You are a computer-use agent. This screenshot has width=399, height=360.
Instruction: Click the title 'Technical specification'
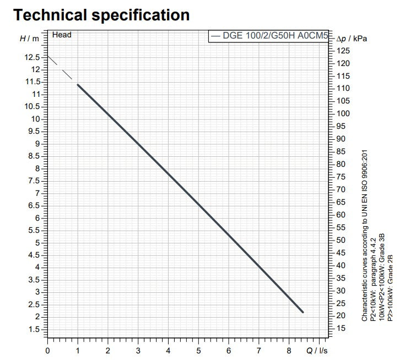pyautogui.click(x=101, y=15)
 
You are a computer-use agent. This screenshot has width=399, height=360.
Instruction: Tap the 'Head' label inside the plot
pyautogui.click(x=62, y=35)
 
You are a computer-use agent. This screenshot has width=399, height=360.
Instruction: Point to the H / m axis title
pyautogui.click(x=29, y=38)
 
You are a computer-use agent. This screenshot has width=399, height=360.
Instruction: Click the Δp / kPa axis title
pyautogui.click(x=353, y=39)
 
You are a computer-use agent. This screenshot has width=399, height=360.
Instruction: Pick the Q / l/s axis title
pyautogui.click(x=316, y=350)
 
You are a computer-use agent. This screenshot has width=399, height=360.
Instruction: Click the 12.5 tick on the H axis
pyautogui.click(x=31, y=57)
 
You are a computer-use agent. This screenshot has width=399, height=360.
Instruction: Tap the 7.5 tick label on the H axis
pyautogui.click(x=34, y=181)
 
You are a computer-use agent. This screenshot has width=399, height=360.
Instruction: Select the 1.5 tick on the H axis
pyautogui.click(x=34, y=329)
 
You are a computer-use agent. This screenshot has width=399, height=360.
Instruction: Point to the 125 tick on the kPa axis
pyautogui.click(x=343, y=51)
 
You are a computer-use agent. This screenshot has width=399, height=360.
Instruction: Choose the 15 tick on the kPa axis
pyautogui.click(x=342, y=329)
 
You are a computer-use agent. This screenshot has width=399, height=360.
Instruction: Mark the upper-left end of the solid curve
pyautogui.click(x=78, y=85)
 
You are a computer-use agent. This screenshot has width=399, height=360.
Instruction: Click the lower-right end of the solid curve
pyautogui.click(x=303, y=312)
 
